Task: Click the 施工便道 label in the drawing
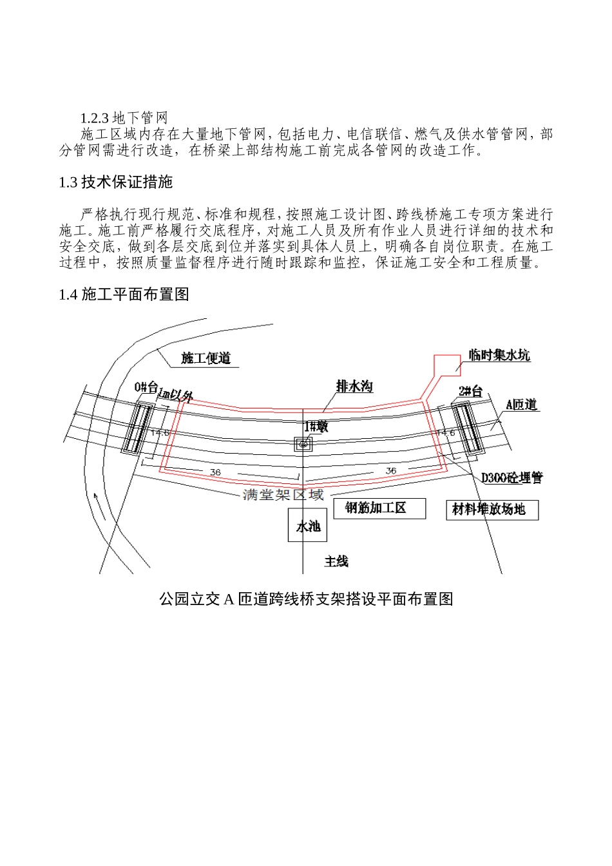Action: point(206,358)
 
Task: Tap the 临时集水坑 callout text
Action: point(499,355)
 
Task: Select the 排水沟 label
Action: point(354,387)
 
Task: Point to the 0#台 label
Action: point(146,387)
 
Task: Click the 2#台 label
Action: point(470,391)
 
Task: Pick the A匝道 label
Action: point(521,405)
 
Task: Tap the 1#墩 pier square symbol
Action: point(303,443)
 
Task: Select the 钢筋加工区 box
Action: point(379,508)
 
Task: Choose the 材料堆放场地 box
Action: point(492,510)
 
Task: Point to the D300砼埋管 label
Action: point(512,477)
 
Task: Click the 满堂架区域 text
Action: point(283,495)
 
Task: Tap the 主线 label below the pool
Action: point(336,562)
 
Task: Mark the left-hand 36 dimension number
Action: point(215,472)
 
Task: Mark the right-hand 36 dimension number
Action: point(390,471)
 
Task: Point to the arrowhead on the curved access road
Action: point(95,496)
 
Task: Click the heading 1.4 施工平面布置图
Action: point(124,294)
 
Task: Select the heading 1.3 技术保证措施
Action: point(116,182)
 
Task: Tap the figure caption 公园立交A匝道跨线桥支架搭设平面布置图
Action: point(306,599)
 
